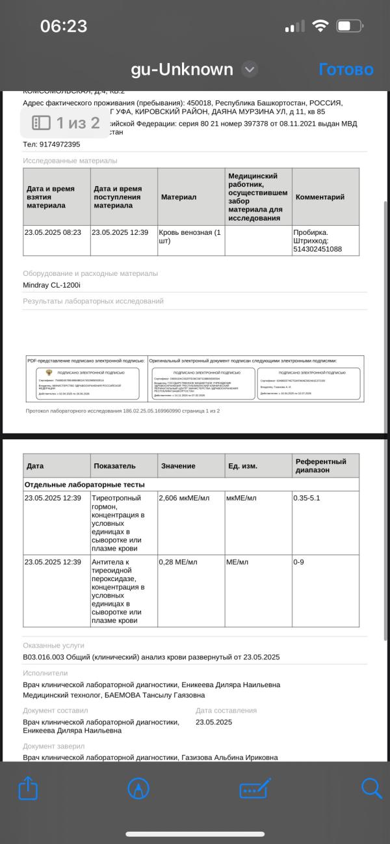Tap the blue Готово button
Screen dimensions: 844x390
[x=346, y=70]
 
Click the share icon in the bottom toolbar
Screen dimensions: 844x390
[x=28, y=789]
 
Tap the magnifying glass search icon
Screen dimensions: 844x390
[x=371, y=789]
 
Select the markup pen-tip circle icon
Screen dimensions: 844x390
[x=138, y=789]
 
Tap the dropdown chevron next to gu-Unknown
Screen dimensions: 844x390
[x=250, y=69]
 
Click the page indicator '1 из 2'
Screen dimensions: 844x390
[x=68, y=122]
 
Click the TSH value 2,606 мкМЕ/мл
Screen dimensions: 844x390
[x=185, y=498]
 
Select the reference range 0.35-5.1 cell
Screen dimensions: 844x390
[x=307, y=498]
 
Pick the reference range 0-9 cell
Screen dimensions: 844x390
[x=299, y=562]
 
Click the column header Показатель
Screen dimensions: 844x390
[x=114, y=466]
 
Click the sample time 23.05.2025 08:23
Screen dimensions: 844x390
[x=53, y=232]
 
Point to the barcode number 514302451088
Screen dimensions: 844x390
[x=317, y=249]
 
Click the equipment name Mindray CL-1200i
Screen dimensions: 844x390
[x=51, y=285]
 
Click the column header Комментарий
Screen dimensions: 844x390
[x=320, y=197]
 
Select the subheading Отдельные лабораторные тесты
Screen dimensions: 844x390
[x=84, y=485]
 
